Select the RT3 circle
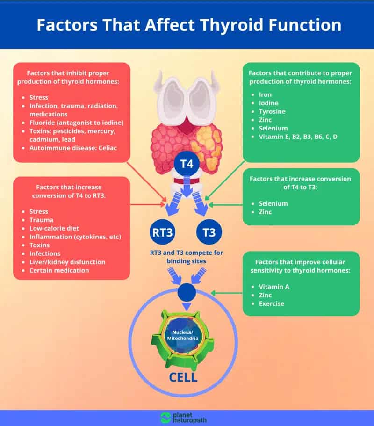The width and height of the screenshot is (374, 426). (x=161, y=232)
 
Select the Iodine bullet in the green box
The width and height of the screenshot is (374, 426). (x=269, y=103)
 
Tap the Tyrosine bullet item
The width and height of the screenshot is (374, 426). (x=272, y=111)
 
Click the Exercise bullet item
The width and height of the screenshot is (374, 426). (x=272, y=303)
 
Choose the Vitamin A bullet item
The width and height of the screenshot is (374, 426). (x=274, y=287)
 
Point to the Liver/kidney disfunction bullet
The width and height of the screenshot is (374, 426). (x=67, y=262)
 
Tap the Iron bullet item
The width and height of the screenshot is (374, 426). (x=266, y=94)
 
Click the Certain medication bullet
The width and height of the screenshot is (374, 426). (x=59, y=270)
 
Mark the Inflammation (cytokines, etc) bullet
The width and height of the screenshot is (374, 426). (x=75, y=237)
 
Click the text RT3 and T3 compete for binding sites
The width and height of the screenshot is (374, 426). (x=186, y=257)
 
